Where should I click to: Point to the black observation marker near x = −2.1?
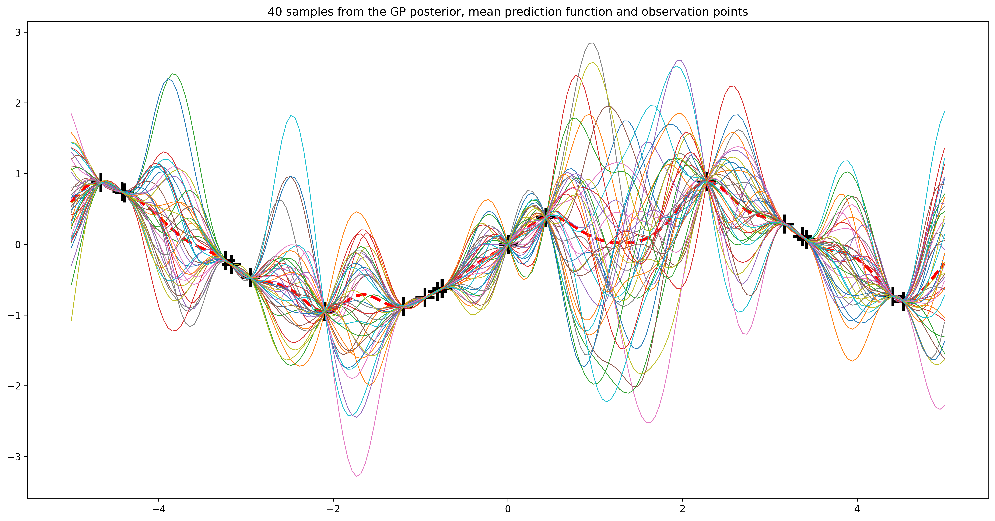325,311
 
